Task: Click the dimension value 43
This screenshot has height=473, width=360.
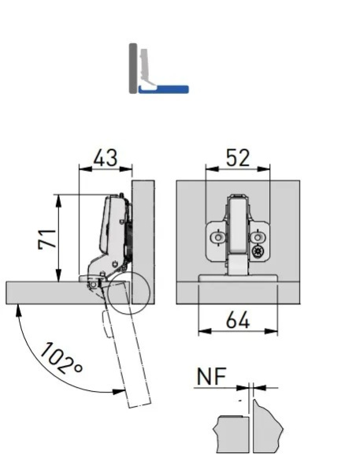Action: [106, 158]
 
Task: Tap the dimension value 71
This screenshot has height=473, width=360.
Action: [47, 239]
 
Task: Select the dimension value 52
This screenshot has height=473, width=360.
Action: [238, 158]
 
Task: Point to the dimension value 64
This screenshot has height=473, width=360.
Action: [238, 320]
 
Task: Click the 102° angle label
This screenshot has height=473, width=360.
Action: [61, 359]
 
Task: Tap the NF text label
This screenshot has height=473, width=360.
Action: [211, 377]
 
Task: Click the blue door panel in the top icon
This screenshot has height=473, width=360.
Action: [163, 89]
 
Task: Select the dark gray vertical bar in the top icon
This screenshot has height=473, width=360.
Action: [133, 69]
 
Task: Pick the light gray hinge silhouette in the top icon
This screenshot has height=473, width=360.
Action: [147, 69]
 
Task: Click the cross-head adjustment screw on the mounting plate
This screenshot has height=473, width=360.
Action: [258, 251]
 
